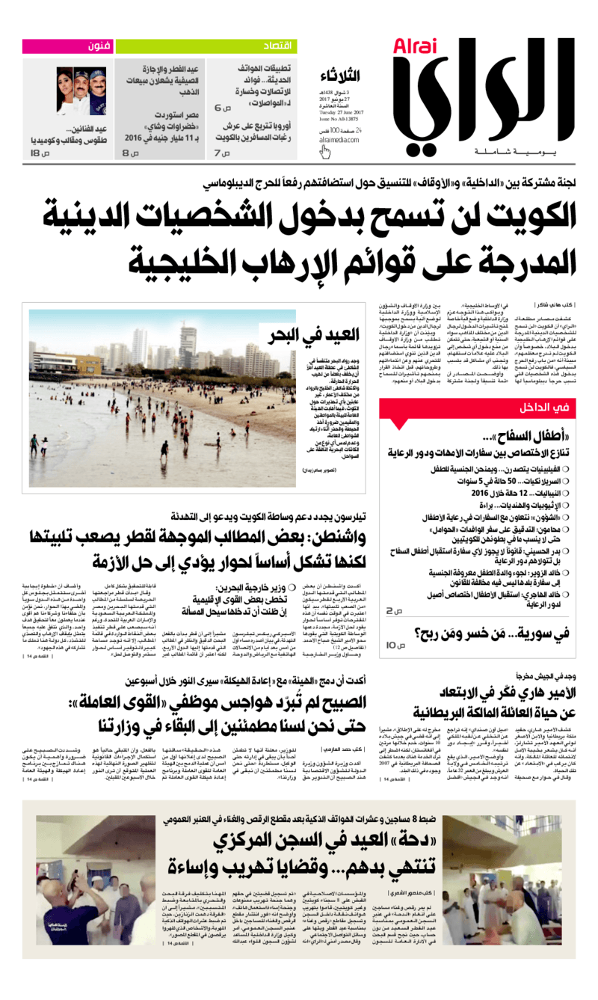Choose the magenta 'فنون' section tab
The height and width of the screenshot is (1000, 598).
[97, 46]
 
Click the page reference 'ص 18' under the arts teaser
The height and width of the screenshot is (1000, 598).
[39, 153]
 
